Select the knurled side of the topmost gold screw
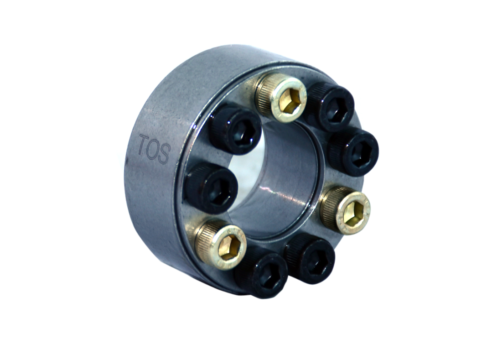tap(267, 93)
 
